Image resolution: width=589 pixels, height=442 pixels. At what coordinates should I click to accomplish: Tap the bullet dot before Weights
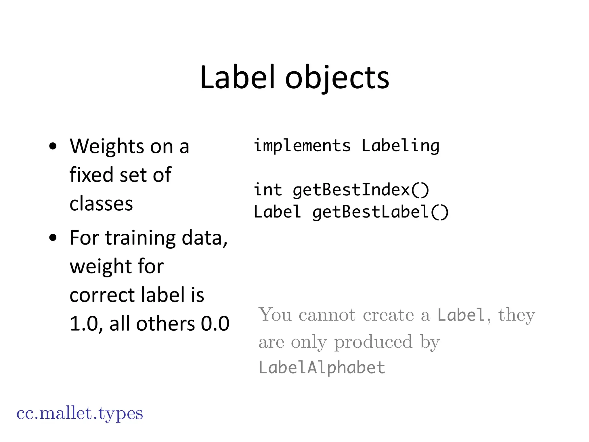(53, 146)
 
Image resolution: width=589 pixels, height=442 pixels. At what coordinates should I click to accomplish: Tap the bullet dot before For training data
(53, 238)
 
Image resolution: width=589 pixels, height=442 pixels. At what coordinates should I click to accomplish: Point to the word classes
(101, 203)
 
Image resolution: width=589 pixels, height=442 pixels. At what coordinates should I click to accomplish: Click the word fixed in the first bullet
(91, 175)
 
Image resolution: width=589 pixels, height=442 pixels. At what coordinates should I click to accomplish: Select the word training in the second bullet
(140, 238)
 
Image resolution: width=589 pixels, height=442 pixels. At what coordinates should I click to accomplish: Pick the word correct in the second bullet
(102, 295)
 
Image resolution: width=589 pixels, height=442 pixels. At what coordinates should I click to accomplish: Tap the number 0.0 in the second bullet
(215, 324)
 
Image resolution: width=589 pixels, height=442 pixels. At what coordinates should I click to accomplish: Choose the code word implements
(302, 145)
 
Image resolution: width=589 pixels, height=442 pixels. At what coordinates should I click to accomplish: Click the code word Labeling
(400, 146)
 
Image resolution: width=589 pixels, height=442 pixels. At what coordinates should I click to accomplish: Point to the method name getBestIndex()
(361, 190)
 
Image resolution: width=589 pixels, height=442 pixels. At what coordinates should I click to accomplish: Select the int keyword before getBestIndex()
(268, 190)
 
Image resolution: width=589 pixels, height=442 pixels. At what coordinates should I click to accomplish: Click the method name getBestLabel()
(380, 212)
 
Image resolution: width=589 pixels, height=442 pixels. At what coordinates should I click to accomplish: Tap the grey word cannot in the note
(327, 315)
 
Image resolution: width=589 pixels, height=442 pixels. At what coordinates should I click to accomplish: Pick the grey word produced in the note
(373, 342)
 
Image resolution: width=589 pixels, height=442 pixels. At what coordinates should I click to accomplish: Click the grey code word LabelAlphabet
(322, 368)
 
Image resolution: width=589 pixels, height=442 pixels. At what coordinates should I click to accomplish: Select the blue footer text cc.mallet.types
(80, 414)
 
